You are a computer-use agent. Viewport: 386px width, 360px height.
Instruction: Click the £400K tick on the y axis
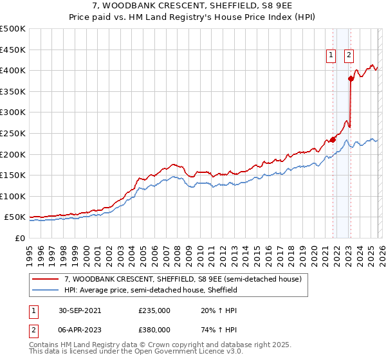[x=14, y=70]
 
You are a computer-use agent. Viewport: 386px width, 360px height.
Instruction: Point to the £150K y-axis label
[x=14, y=175]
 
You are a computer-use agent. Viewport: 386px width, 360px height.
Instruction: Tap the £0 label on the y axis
[x=19, y=238]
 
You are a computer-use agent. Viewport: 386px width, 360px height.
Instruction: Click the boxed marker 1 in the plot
[x=331, y=56]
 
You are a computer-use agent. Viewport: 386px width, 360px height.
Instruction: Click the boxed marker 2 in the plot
[x=349, y=56]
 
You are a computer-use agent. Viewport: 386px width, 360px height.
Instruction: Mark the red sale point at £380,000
[x=351, y=78]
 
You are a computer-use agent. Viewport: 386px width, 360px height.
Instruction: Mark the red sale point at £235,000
[x=333, y=139]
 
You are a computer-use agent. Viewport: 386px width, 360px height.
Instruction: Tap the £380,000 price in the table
[x=154, y=329]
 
